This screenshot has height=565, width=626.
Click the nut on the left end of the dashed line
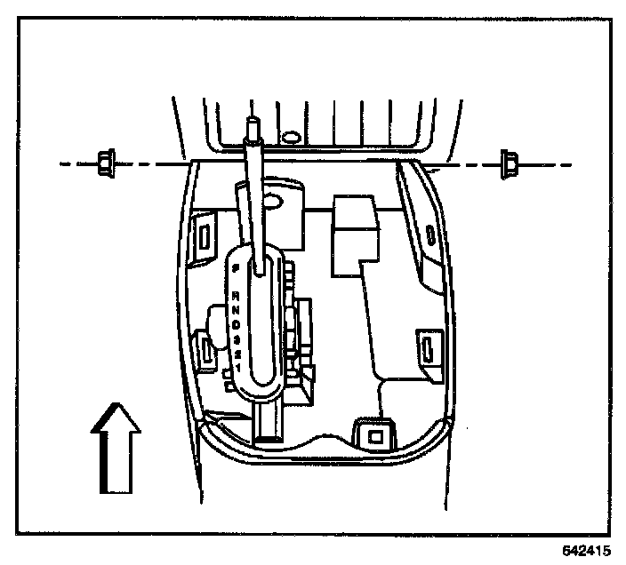(x=105, y=163)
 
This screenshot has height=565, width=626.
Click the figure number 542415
(x=586, y=550)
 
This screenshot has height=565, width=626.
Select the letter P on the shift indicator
(x=236, y=266)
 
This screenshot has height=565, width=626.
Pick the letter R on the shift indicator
(x=236, y=294)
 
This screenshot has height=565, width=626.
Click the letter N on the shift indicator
(x=236, y=309)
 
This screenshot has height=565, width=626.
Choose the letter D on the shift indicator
(x=237, y=324)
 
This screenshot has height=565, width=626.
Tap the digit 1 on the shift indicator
(x=238, y=367)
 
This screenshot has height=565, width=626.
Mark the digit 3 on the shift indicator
(x=237, y=339)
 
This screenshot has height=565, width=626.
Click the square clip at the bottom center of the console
(x=374, y=435)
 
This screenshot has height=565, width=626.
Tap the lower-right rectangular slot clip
(x=428, y=346)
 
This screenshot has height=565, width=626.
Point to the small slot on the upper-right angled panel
(x=430, y=235)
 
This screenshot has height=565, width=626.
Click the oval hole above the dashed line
(x=289, y=138)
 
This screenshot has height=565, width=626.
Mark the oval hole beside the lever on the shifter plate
(x=277, y=203)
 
